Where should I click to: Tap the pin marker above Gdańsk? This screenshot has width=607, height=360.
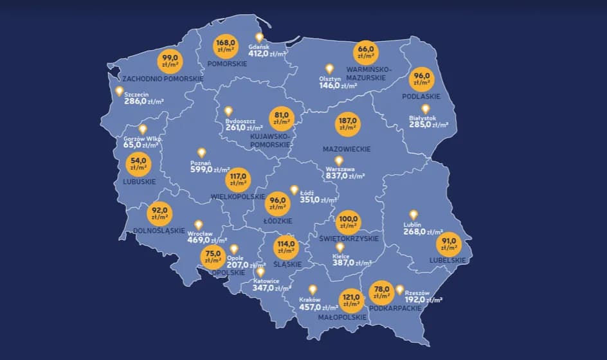tap(260, 38)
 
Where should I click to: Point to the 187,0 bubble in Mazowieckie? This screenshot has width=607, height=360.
tap(347, 124)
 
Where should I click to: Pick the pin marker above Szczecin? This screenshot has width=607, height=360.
tap(119, 91)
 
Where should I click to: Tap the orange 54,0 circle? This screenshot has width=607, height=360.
tap(139, 163)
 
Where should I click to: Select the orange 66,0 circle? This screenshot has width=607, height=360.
tap(365, 52)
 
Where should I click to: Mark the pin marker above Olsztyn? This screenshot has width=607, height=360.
tap(329, 69)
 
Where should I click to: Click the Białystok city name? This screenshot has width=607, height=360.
tap(422, 118)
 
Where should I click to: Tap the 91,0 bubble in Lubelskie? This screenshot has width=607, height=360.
tap(449, 244)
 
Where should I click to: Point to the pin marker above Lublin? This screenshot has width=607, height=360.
tap(413, 215)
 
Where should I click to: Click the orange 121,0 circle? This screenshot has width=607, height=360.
tap(351, 300)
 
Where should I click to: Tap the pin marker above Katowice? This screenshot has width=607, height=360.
tap(260, 272)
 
